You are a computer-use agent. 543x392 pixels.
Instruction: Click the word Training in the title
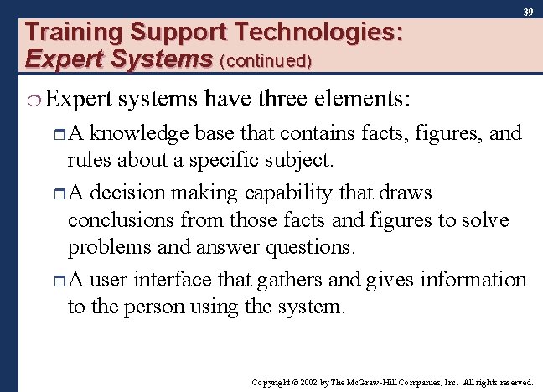pos(74,34)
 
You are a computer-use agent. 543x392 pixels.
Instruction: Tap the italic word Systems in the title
pos(172,59)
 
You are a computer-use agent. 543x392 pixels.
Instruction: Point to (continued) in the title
pos(266,60)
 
